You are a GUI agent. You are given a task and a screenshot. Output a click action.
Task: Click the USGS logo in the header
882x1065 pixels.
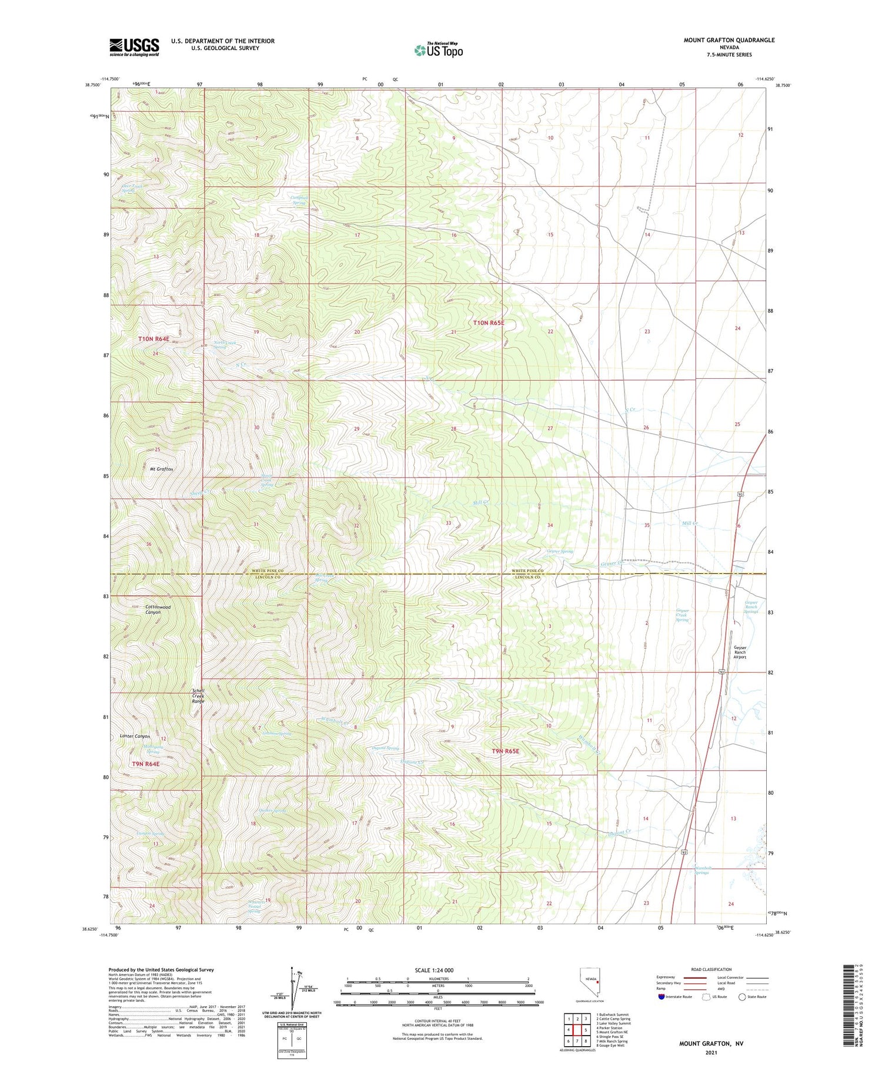tap(134, 47)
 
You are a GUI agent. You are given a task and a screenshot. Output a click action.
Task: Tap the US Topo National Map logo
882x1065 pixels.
tap(438, 50)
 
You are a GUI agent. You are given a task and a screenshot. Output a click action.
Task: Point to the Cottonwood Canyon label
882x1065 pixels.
tap(153, 609)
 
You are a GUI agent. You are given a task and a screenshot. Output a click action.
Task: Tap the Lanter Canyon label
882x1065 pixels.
tap(135, 736)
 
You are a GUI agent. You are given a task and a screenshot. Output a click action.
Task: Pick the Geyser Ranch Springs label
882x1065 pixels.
tap(751, 607)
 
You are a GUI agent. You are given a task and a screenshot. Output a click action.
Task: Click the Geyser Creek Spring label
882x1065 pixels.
tap(681, 615)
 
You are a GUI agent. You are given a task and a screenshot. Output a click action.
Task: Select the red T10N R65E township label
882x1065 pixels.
tap(489, 323)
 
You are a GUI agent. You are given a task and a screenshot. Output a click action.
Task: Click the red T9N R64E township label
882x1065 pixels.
tap(146, 764)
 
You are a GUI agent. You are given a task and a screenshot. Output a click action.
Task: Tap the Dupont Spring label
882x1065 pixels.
tap(386, 748)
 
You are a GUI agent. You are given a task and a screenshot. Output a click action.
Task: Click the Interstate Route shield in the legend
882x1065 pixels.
tap(662, 997)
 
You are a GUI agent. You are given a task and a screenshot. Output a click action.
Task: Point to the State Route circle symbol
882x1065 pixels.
tap(742, 997)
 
